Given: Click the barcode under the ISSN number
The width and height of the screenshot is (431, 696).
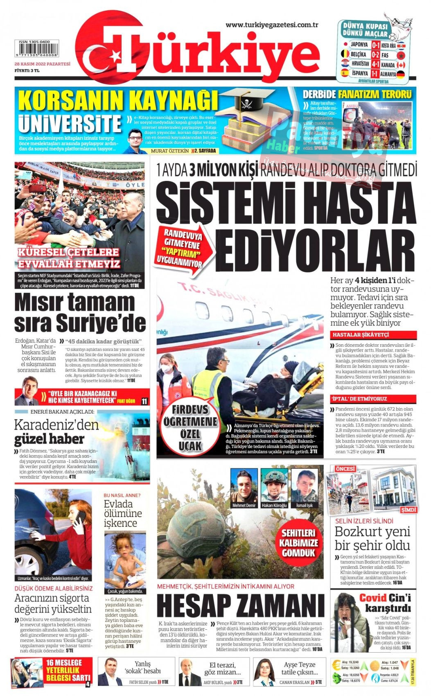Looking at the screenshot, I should pos(37,51).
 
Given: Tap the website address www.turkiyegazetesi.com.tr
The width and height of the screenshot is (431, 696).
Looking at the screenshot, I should pos(272,25).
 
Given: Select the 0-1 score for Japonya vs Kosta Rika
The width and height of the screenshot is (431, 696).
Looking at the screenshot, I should pos(376,45).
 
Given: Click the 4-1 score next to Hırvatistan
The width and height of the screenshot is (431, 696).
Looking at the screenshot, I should pos(376,64).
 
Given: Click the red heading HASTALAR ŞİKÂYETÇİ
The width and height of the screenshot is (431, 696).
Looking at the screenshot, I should pos(355,335).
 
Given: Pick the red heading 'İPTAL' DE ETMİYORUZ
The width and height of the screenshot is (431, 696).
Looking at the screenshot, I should pos(359,399).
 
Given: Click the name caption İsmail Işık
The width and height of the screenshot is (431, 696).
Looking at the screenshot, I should pos(304,505).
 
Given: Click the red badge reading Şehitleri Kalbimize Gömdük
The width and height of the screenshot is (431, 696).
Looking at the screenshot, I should pos(298,543).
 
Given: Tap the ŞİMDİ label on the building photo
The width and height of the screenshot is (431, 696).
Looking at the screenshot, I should pos(408,510).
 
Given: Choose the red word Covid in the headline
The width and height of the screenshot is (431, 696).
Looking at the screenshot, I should pos(372,598).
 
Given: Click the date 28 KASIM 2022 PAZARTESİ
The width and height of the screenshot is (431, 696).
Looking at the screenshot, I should pos(43,64).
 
